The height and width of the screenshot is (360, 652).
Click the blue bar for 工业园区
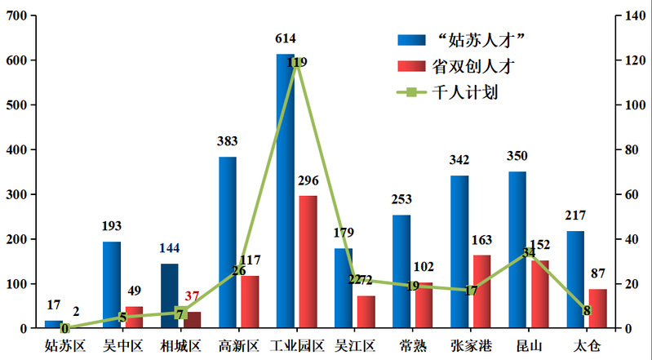pyautogui.click(x=285, y=191)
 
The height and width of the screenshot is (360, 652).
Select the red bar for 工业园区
pyautogui.click(x=308, y=262)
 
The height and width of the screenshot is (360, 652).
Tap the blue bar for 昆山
pyautogui.click(x=517, y=250)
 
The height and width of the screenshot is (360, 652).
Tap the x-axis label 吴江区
pyautogui.click(x=354, y=345)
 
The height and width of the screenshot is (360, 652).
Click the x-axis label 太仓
pyautogui.click(x=586, y=345)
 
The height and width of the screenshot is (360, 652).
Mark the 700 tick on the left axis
pyautogui.click(x=16, y=16)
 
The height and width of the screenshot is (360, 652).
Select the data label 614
pyautogui.click(x=285, y=38)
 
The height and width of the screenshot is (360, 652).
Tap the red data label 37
pyautogui.click(x=192, y=296)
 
